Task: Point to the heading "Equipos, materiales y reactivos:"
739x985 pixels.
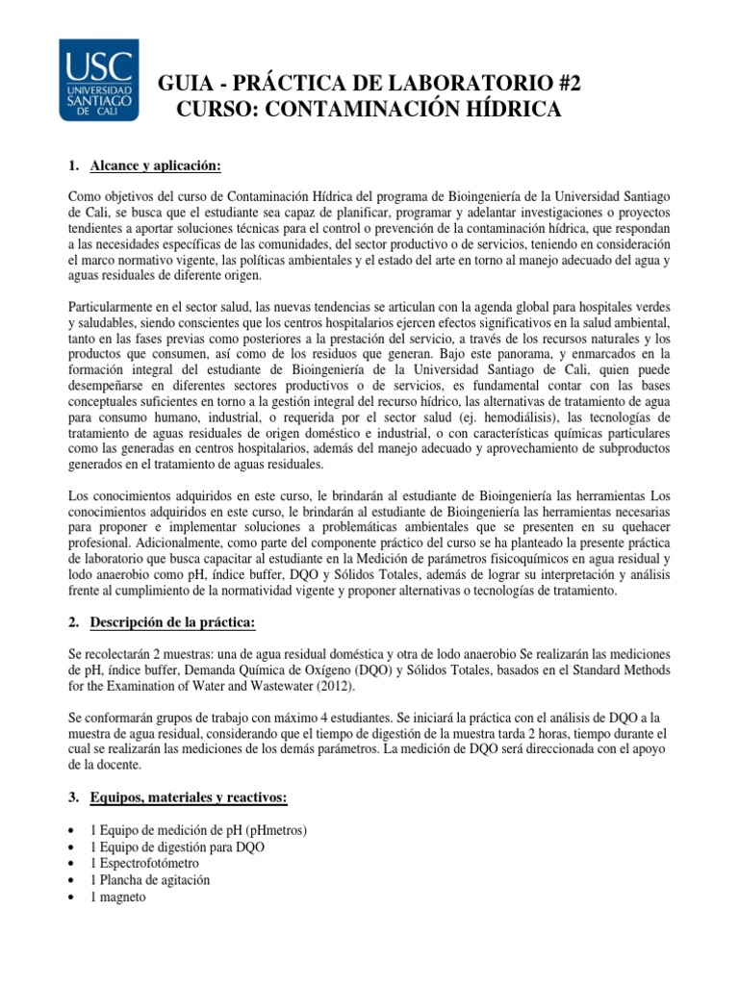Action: coord(183,797)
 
